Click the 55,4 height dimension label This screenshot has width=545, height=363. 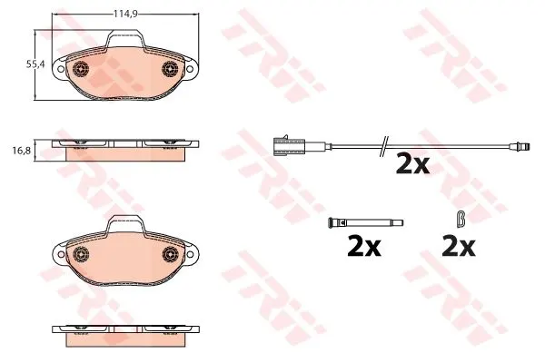pyautogui.click(x=35, y=64)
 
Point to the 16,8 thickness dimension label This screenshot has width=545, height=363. pyautogui.click(x=22, y=151)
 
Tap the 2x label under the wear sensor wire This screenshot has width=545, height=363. pyautogui.click(x=412, y=164)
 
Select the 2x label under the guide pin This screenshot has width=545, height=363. pyautogui.click(x=364, y=247)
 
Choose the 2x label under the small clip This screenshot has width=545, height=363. pyautogui.click(x=458, y=247)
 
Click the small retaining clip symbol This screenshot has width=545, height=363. pyautogui.click(x=461, y=219)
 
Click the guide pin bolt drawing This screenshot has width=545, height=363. pyautogui.click(x=365, y=222)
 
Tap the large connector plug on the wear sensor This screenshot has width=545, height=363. pyautogui.click(x=289, y=145)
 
